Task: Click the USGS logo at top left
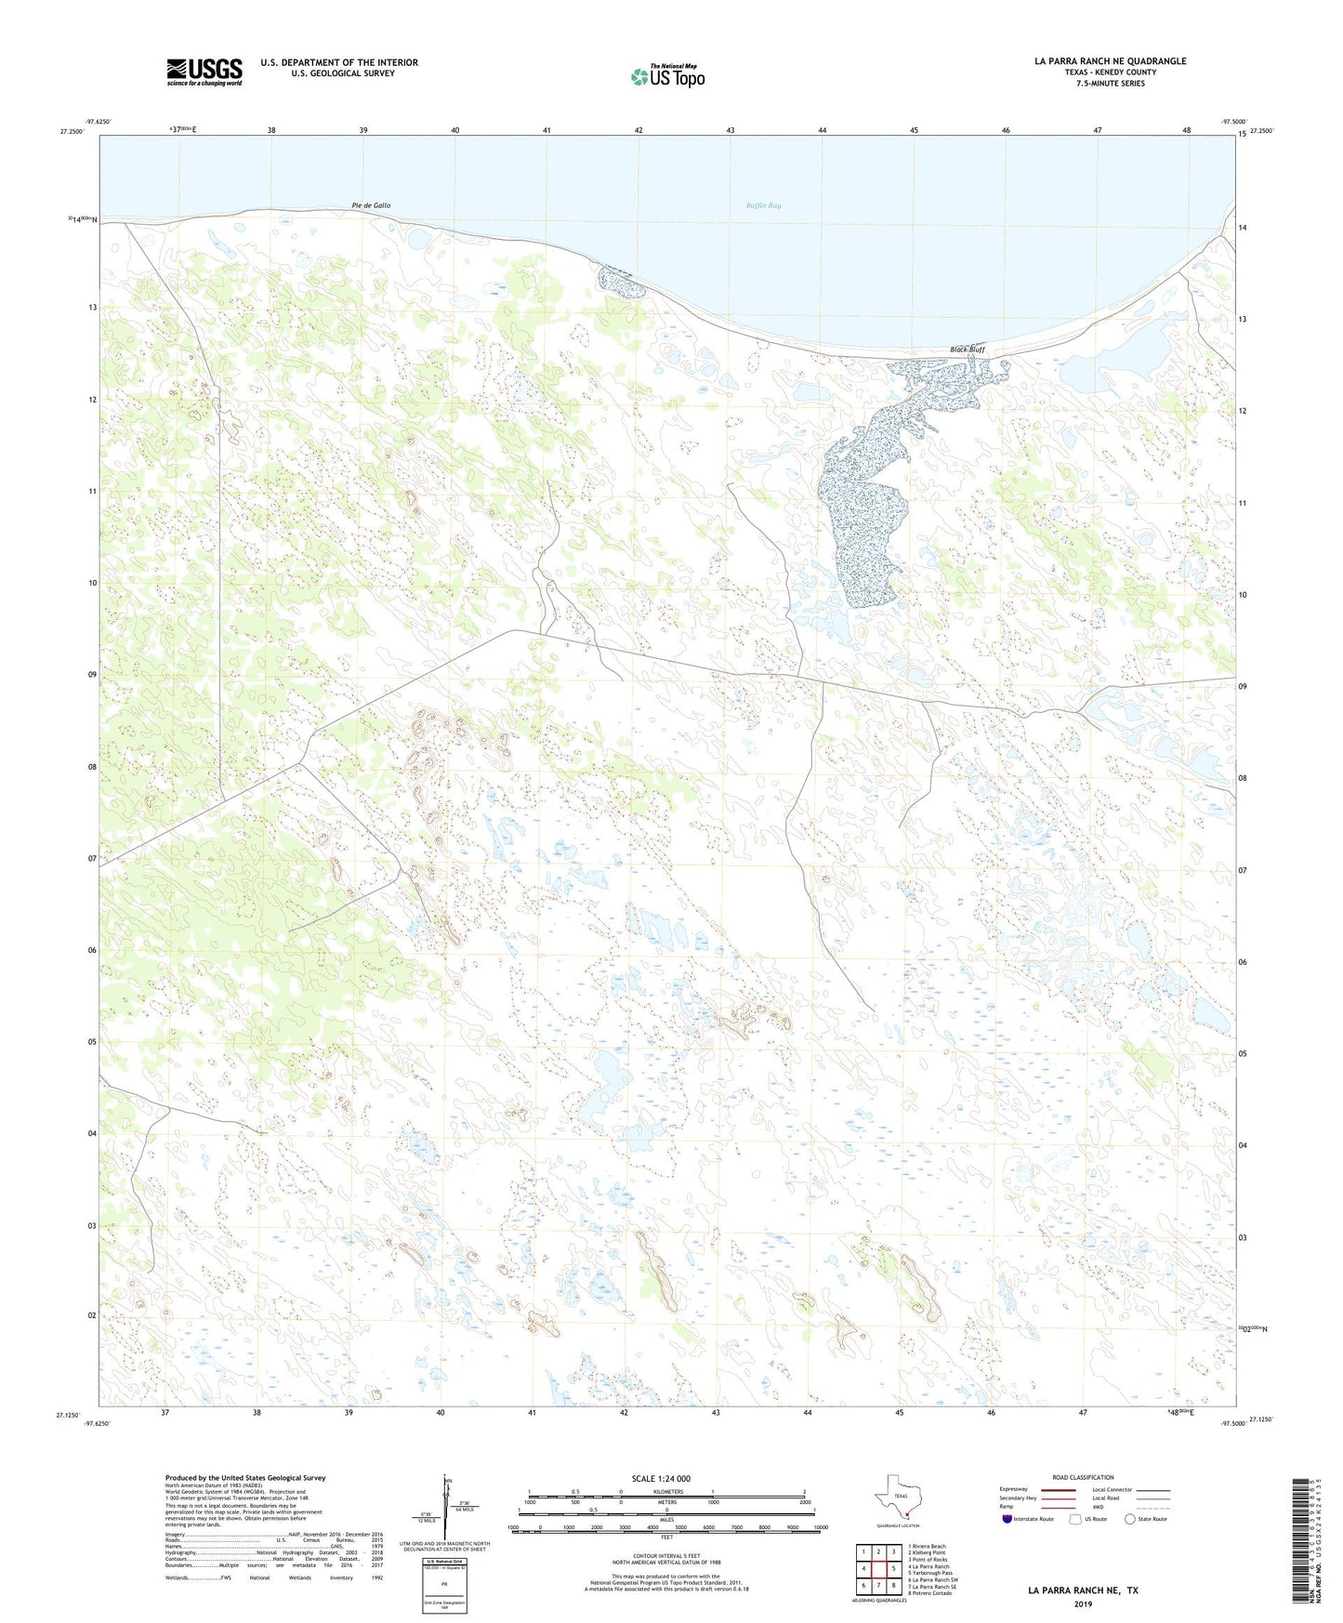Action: point(204,72)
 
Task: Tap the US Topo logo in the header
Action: point(667,76)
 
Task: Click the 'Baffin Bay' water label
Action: point(763,205)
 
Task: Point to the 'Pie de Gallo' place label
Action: point(371,205)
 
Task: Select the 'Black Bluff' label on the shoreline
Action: point(967,350)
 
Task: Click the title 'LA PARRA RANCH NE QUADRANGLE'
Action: point(1110,61)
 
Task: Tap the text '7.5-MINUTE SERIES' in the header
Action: point(1110,84)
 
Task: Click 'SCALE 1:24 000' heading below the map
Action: point(661,1478)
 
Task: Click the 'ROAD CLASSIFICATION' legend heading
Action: point(1083,1477)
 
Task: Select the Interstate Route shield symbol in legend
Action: point(1007,1519)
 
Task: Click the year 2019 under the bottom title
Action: point(1083,1604)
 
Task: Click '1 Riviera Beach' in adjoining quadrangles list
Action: point(927,1547)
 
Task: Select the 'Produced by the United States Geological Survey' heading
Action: point(245,1477)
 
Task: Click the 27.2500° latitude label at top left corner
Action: point(72,132)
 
